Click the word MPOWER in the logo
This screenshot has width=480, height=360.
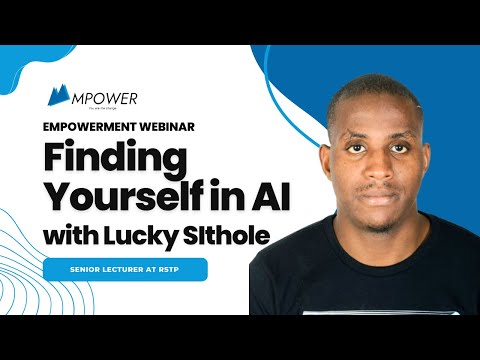click(x=105, y=98)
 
